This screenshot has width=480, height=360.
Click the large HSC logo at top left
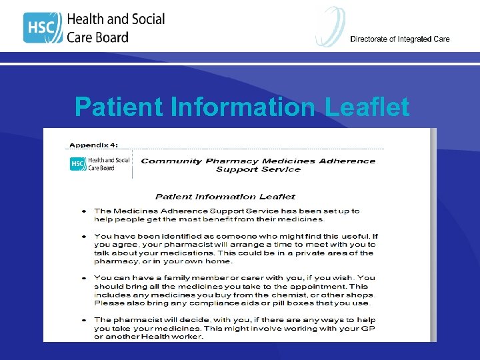click(x=43, y=27)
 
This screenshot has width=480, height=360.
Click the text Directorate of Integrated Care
click(x=399, y=39)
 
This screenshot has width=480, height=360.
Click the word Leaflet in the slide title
click(x=367, y=107)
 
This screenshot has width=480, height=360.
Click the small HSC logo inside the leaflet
click(x=78, y=164)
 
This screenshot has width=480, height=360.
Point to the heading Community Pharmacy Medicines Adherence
click(x=258, y=161)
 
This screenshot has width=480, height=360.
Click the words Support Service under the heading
click(x=258, y=169)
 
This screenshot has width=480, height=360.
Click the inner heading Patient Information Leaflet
click(x=225, y=196)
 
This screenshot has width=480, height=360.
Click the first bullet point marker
click(x=83, y=211)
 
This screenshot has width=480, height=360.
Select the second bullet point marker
click(x=83, y=236)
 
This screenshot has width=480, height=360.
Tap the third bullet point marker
click(x=83, y=277)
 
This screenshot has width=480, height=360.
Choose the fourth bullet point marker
click(x=83, y=320)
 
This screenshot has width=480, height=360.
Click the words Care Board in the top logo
click(x=97, y=37)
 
